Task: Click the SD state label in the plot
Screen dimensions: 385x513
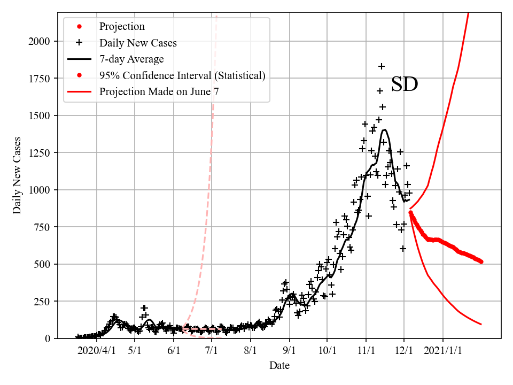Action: coord(404,84)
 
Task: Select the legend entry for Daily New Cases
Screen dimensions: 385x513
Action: coord(138,43)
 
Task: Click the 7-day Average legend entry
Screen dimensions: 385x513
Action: coord(131,59)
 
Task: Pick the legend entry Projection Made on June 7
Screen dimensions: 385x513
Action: coord(159,91)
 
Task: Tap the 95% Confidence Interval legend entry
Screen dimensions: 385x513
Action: coord(182,75)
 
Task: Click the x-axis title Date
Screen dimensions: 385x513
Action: coord(279,366)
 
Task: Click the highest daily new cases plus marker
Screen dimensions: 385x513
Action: coord(382,66)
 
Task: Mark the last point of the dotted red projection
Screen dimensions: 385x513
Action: coord(481,261)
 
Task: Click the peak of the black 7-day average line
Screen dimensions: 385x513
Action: coord(384,129)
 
